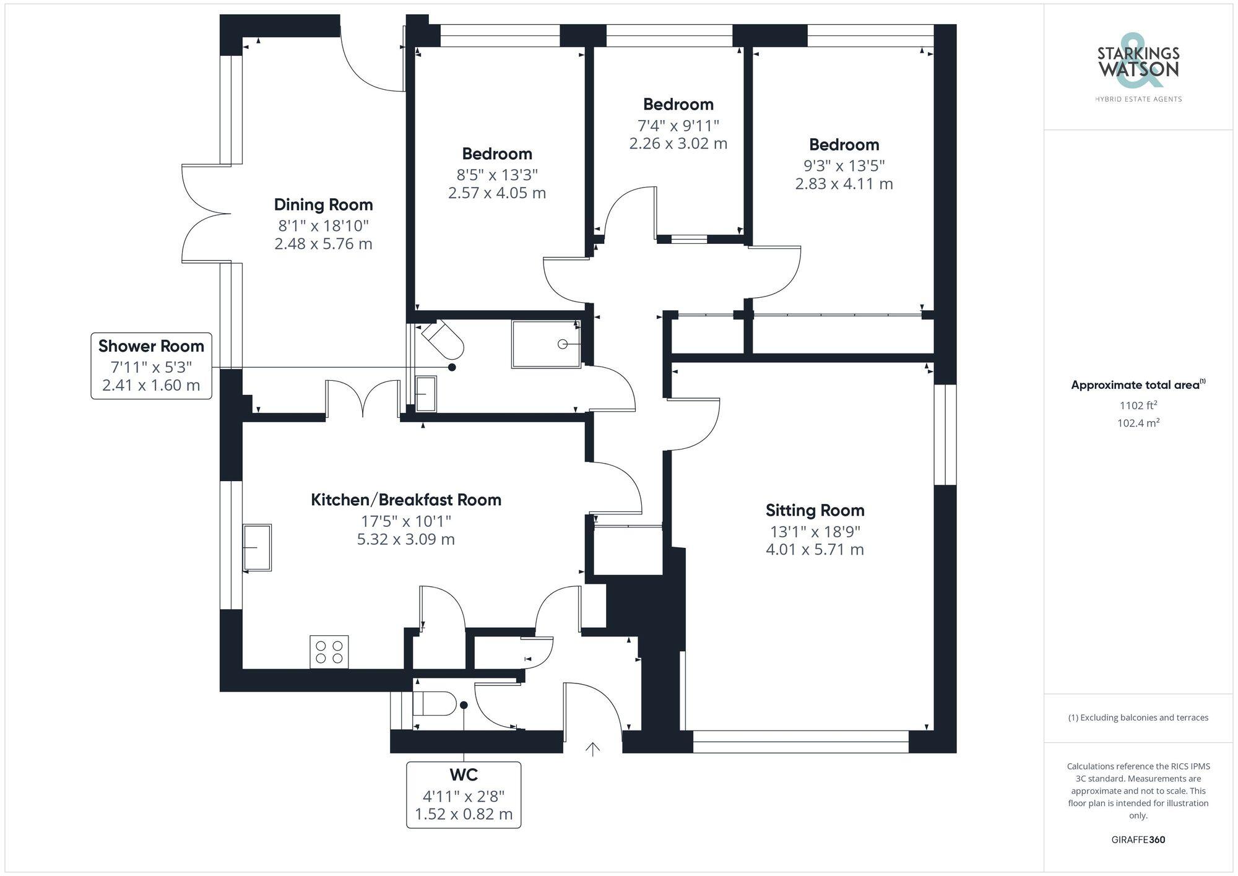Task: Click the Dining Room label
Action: tap(323, 205)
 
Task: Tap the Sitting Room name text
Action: tap(815, 511)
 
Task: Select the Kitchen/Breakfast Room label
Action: tap(406, 500)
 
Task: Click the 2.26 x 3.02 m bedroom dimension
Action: tap(678, 144)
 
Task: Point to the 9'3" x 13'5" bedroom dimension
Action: tap(844, 166)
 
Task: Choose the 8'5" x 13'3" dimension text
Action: tap(496, 175)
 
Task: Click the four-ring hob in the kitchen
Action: tap(329, 652)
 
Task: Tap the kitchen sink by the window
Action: tap(257, 547)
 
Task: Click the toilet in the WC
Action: tap(433, 704)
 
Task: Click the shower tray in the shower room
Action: tap(546, 344)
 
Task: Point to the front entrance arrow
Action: tap(593, 749)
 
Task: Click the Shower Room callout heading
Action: tap(151, 346)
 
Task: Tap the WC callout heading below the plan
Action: tap(464, 775)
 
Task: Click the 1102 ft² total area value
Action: tap(1138, 405)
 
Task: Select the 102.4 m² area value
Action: tap(1138, 423)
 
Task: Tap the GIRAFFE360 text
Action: tap(1138, 839)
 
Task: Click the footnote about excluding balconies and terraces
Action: tap(1138, 718)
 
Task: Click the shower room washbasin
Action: tap(425, 394)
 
